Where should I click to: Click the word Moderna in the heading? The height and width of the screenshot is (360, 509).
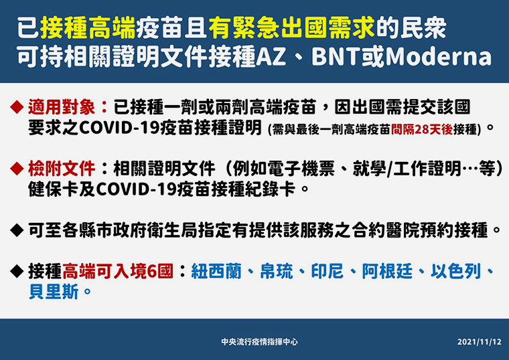439,57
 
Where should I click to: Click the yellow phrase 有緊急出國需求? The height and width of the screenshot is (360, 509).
291,28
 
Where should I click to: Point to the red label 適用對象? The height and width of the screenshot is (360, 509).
62,107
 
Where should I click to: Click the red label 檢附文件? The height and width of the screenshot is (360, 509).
62,168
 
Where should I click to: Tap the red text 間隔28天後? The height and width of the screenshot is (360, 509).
422,129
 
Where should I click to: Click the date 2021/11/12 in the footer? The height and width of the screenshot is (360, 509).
479,342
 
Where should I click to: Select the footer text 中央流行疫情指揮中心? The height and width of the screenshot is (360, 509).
259,342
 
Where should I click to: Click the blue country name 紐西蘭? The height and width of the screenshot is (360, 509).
216,271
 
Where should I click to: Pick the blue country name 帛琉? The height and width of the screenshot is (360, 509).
277,271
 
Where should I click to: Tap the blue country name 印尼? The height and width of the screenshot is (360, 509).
328,271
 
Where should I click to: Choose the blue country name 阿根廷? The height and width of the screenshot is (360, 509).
387,271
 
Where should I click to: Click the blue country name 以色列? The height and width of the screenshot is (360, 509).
456,271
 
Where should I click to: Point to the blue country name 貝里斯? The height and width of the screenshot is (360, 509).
54,292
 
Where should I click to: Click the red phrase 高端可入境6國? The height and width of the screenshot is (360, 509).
118,271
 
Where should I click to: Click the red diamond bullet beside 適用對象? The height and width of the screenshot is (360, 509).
17,107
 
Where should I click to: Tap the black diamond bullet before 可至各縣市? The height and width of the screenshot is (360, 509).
17,230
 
